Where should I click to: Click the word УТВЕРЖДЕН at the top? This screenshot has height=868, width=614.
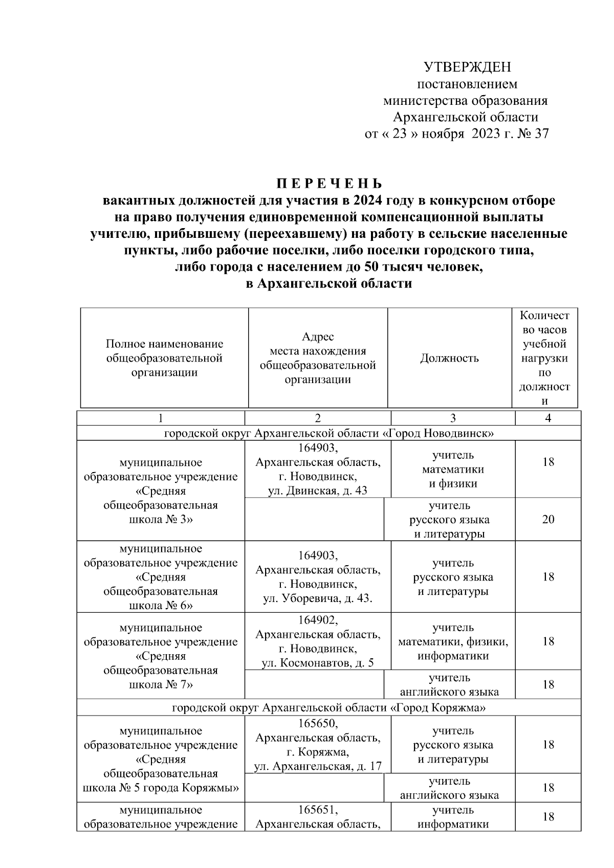click(x=467, y=68)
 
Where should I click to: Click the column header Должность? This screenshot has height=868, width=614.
click(x=449, y=358)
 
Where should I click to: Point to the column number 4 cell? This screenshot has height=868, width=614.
click(x=548, y=418)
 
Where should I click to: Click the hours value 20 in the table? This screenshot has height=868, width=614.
click(x=548, y=520)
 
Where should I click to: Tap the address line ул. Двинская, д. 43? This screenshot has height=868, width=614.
click(x=318, y=492)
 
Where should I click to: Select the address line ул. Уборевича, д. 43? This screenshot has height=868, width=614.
click(x=318, y=598)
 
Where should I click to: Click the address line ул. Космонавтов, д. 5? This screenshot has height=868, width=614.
click(x=318, y=663)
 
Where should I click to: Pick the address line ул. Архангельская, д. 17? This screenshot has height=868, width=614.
click(x=318, y=766)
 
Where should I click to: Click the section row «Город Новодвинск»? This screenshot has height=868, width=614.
click(x=329, y=433)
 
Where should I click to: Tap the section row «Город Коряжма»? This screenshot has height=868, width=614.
click(x=329, y=708)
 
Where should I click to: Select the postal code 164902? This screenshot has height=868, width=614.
click(x=318, y=620)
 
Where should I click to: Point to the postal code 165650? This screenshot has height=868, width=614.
click(x=318, y=723)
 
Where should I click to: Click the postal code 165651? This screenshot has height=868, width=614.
click(x=318, y=810)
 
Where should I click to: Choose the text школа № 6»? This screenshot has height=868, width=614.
click(x=161, y=606)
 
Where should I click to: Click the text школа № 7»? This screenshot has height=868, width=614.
click(x=161, y=684)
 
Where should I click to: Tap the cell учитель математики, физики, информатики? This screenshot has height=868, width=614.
click(x=453, y=641)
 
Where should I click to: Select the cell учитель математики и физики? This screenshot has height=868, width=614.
click(x=453, y=469)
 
